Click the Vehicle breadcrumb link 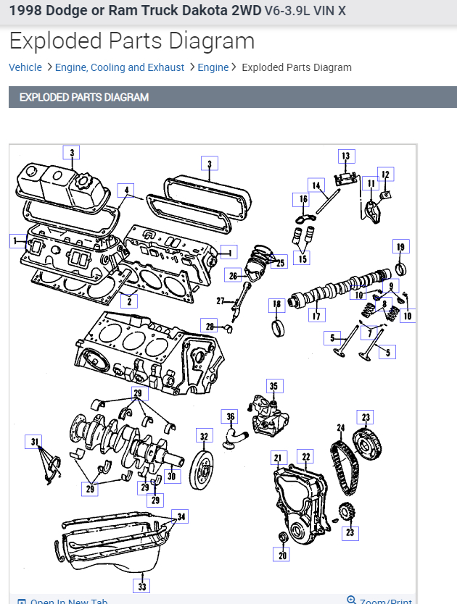[25, 67]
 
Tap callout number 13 [345, 156]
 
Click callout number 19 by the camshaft [400, 247]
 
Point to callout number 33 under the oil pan [142, 586]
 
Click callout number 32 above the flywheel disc [205, 436]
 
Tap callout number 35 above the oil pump [273, 386]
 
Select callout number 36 [230, 416]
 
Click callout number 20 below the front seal [282, 555]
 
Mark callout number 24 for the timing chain [340, 428]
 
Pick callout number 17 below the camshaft [316, 316]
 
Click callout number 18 [276, 304]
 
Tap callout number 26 [233, 275]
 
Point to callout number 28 [210, 327]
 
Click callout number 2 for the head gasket [128, 301]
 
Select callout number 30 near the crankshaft [171, 476]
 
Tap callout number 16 [303, 199]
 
